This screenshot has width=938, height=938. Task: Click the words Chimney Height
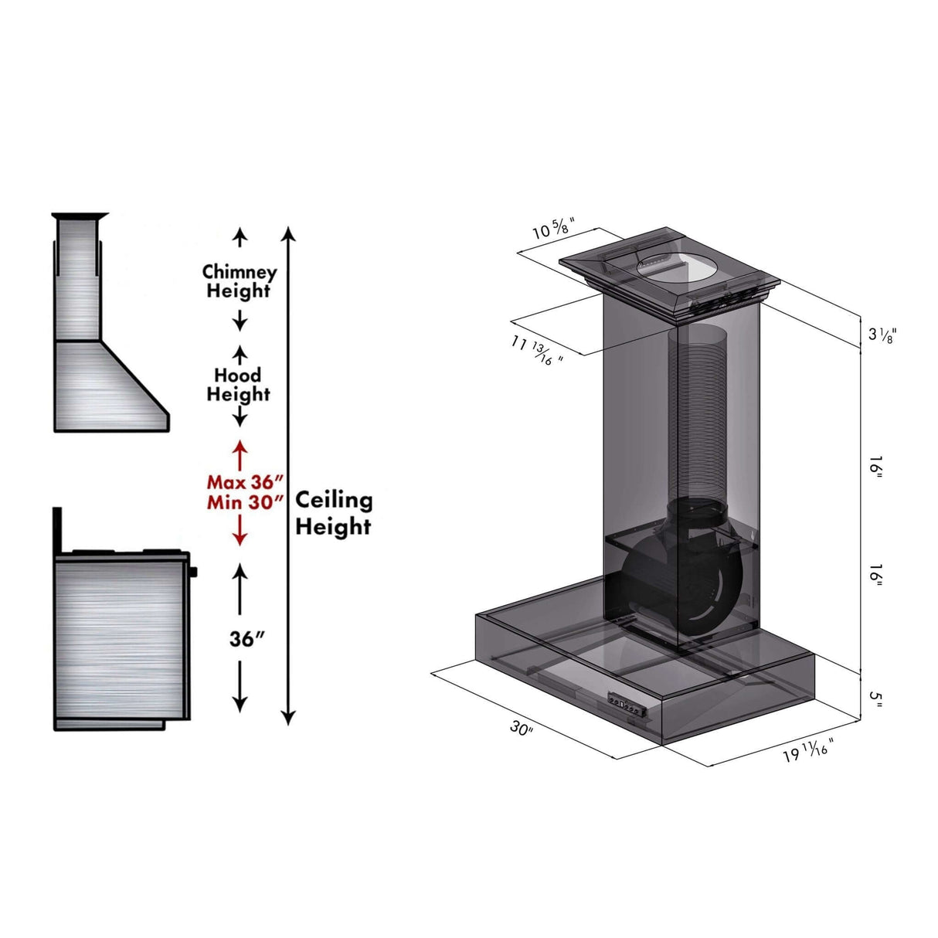[239, 281]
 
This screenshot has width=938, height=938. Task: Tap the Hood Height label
[238, 385]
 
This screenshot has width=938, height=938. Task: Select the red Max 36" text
[240, 482]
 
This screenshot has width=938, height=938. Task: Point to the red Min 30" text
[240, 502]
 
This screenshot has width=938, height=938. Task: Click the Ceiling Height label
[333, 513]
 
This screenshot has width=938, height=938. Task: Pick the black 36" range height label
[247, 639]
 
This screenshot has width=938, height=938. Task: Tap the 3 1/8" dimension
[882, 334]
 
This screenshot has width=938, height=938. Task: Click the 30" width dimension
[522, 728]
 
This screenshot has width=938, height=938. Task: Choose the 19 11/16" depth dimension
[808, 749]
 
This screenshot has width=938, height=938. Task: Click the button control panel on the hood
[627, 704]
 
